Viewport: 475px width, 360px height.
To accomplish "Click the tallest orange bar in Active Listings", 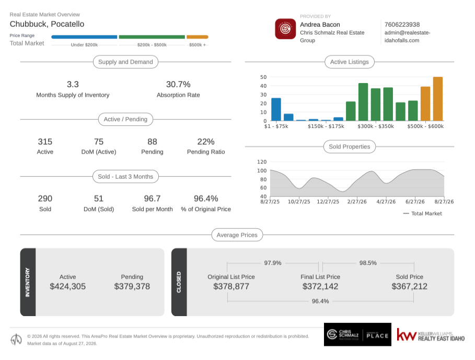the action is tap(438, 99).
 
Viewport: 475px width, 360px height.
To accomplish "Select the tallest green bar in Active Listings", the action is tap(363, 102).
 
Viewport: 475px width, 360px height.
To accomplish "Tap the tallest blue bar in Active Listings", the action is tap(276, 110).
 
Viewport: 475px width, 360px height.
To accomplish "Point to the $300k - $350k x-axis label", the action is tap(376, 126).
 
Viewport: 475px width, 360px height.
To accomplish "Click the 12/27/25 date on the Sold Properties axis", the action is tap(328, 202).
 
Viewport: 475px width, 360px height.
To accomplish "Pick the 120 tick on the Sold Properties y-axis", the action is tap(262, 161).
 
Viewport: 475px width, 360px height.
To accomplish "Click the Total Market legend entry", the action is tap(423, 214).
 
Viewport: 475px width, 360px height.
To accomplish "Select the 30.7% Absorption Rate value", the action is tap(178, 84).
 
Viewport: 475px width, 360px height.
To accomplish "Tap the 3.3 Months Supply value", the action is tap(73, 84).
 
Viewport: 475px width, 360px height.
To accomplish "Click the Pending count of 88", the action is tap(152, 142).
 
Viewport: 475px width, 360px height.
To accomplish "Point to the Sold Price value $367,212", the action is tap(409, 286).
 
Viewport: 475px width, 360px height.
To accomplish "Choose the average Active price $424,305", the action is tap(67, 286).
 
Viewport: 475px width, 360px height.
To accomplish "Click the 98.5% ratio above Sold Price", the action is tap(368, 263).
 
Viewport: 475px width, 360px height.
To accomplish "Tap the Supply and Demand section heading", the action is tap(125, 62).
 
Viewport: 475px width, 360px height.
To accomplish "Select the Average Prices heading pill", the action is tap(237, 235).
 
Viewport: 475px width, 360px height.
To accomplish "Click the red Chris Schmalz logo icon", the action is tap(285, 29).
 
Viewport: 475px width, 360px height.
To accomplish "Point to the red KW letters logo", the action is tap(407, 334).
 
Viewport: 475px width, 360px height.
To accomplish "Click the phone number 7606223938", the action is tap(402, 25).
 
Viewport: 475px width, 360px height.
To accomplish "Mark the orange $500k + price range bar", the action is tap(197, 37).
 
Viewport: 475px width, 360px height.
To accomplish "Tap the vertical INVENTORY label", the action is tap(28, 282).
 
